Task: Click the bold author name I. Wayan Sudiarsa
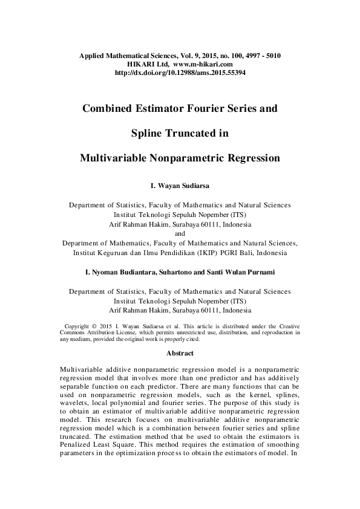click(180, 186)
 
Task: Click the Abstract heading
click(180, 353)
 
